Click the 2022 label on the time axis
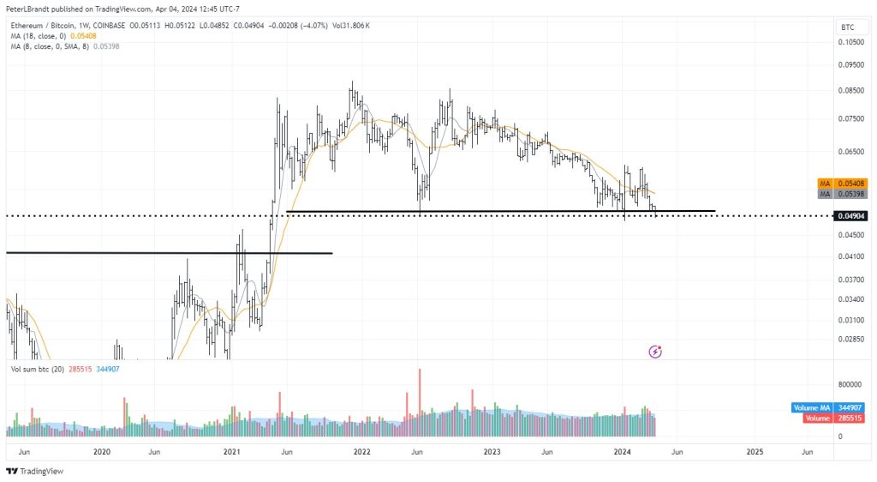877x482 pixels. (361, 451)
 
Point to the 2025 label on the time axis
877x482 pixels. (755, 451)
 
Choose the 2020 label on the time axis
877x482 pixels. (101, 451)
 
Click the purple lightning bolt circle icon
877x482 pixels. (655, 351)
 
